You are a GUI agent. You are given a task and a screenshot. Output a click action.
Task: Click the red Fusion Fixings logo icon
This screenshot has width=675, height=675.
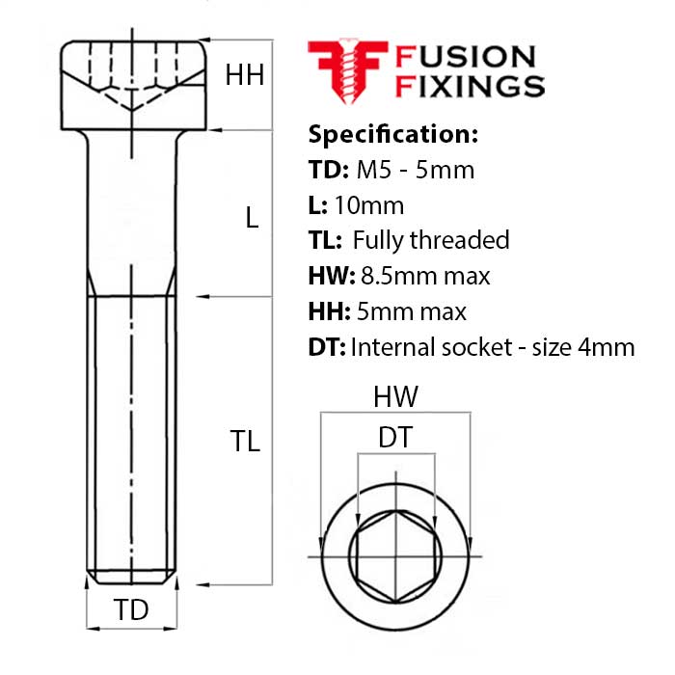coord(346,69)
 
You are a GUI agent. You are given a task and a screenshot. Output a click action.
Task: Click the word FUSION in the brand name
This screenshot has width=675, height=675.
coord(466,57)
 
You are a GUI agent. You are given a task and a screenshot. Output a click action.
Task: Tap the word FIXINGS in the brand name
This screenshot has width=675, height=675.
coord(470,86)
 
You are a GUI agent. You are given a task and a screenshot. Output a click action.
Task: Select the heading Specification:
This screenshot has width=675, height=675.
coord(392,133)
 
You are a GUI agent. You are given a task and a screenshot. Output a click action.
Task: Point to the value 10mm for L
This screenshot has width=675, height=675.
coord(369,204)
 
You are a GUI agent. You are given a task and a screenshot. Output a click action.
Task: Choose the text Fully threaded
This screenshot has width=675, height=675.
coord(430,240)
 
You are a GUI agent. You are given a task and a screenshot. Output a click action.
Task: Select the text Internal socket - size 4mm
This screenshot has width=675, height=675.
coord(493,347)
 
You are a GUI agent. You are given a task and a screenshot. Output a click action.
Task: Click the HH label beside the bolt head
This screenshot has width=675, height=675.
coord(245,74)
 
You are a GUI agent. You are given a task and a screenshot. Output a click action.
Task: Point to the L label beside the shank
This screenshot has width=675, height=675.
coord(252,218)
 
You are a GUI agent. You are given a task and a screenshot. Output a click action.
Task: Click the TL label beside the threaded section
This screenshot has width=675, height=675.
coord(245,442)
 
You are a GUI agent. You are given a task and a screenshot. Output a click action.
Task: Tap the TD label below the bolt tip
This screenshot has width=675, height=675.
coord(132,609)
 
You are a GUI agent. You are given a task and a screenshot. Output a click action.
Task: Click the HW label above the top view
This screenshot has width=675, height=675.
coord(395,396)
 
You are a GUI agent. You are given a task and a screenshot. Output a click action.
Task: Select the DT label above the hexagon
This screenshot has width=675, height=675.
coord(395,438)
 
